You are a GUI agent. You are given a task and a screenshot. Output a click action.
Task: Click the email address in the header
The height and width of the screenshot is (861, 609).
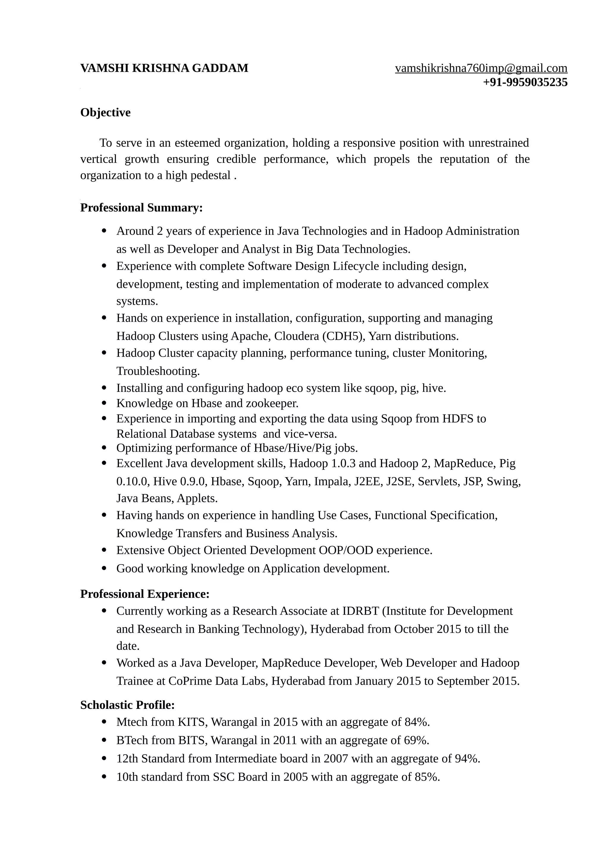click(x=481, y=68)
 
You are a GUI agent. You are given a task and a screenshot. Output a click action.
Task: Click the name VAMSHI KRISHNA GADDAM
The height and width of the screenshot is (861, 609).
click(x=164, y=68)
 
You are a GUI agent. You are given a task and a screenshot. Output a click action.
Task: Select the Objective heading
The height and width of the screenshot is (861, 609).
click(x=106, y=113)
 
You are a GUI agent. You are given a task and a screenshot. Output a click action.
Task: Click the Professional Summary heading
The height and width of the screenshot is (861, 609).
click(x=142, y=208)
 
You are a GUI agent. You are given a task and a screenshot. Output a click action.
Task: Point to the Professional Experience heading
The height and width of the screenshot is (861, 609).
click(x=145, y=594)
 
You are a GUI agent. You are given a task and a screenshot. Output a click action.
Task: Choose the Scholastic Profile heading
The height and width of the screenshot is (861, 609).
click(x=128, y=705)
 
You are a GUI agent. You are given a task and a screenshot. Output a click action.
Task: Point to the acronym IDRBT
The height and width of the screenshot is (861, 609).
click(x=361, y=611)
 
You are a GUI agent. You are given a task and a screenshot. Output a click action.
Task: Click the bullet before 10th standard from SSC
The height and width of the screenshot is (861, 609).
click(x=105, y=777)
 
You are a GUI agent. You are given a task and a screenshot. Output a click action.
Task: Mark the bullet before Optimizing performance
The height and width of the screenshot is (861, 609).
click(x=105, y=448)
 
